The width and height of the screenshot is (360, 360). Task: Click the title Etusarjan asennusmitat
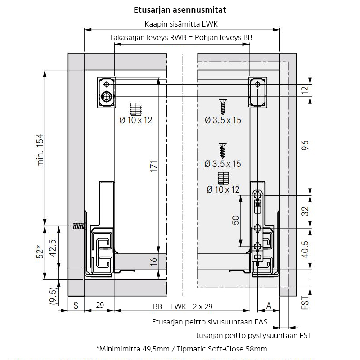click(180, 10)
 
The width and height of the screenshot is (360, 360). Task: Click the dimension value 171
click(153, 166)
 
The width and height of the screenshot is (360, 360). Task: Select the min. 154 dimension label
click(40, 150)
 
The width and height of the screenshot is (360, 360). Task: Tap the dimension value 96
click(305, 145)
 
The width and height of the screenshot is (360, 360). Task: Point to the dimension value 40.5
click(305, 249)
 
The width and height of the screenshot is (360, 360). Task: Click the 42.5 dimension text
click(53, 248)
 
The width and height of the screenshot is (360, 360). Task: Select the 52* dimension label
click(40, 252)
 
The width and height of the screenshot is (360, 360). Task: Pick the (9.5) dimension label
click(53, 296)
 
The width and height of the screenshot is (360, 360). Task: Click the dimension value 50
click(236, 220)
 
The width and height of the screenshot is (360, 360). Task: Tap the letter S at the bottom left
click(76, 306)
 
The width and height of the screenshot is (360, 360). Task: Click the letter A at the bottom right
click(269, 306)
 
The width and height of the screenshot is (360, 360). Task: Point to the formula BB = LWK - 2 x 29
click(183, 306)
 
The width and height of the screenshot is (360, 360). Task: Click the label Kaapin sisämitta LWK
click(181, 24)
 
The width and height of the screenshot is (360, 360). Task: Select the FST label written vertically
click(305, 302)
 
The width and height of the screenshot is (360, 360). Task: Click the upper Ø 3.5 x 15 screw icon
click(223, 107)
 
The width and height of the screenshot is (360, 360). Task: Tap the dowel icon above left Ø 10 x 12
click(136, 109)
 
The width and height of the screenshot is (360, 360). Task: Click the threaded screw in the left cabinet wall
click(80, 226)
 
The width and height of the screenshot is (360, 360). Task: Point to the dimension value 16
click(153, 261)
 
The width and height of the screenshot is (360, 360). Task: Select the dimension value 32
click(305, 211)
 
